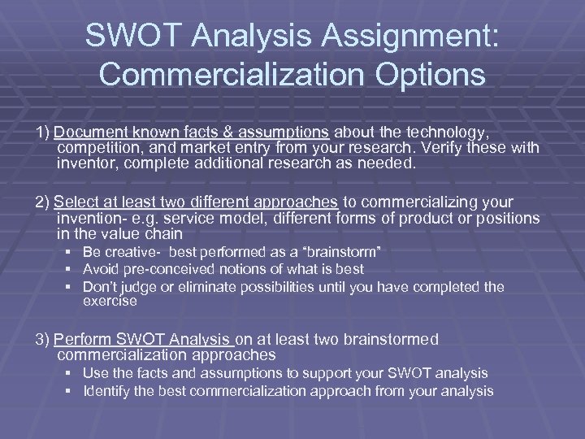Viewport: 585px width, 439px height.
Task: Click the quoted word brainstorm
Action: (340, 253)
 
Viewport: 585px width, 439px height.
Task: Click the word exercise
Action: (110, 301)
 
